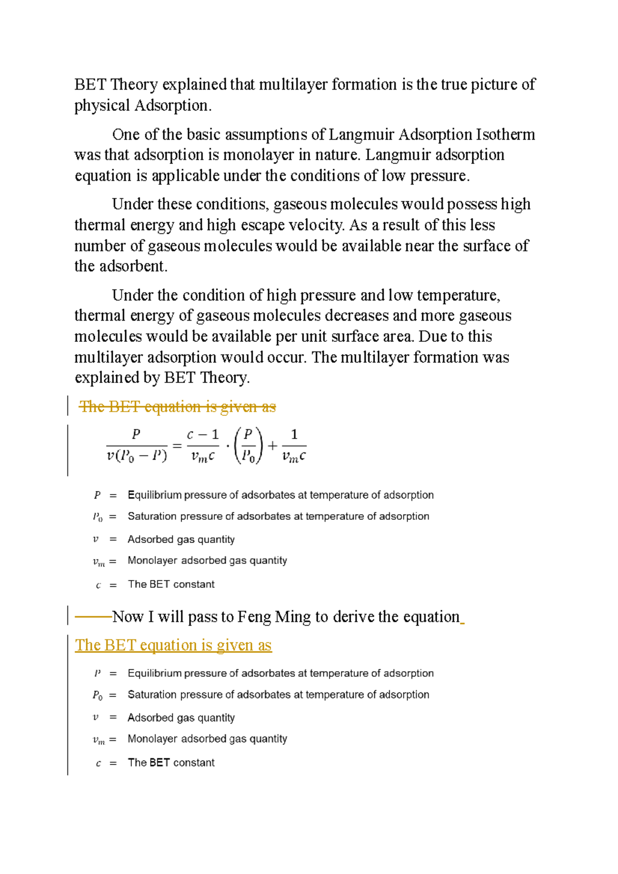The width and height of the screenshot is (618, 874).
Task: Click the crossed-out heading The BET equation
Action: [177, 407]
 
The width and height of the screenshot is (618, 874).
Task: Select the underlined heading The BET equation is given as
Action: [173, 645]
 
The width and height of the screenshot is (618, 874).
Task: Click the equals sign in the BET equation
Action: [177, 446]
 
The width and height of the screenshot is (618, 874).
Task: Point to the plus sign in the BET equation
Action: [272, 446]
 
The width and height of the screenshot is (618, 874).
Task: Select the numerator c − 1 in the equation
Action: [203, 435]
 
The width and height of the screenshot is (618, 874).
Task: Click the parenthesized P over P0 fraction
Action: [248, 446]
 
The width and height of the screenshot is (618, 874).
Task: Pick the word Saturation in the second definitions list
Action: [152, 695]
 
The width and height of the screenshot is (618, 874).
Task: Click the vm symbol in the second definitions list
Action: [98, 740]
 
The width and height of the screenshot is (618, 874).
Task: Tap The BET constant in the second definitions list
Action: [171, 763]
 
